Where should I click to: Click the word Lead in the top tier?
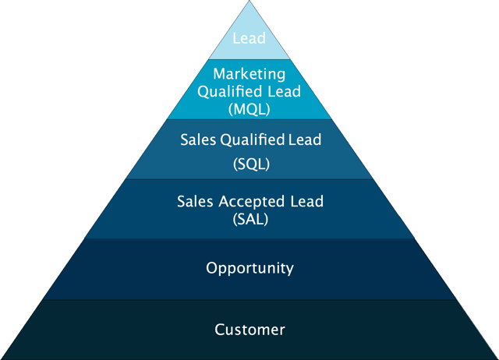pos(249,38)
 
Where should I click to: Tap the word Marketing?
pos(249,75)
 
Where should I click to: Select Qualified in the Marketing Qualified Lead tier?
pos(230,91)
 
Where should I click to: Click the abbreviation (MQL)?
pos(249,108)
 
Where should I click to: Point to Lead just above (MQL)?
pos(285,91)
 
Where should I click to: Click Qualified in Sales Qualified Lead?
pos(253,140)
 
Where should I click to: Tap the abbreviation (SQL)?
pos(249,164)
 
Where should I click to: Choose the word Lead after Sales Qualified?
pos(305,140)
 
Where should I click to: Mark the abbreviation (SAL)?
pos(249,219)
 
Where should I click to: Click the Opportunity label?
pos(249,269)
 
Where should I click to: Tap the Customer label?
pos(249,330)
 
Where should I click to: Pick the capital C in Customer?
pos(220,330)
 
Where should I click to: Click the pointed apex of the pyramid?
pos(249,2)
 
